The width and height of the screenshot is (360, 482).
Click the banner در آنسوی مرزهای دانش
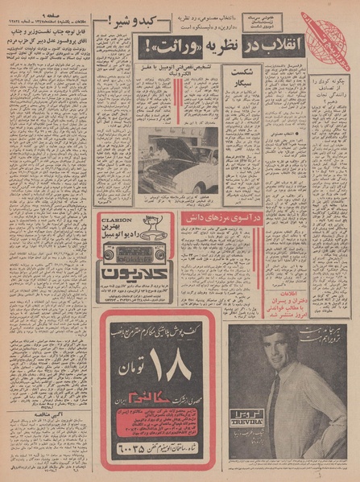pos(209,216)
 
